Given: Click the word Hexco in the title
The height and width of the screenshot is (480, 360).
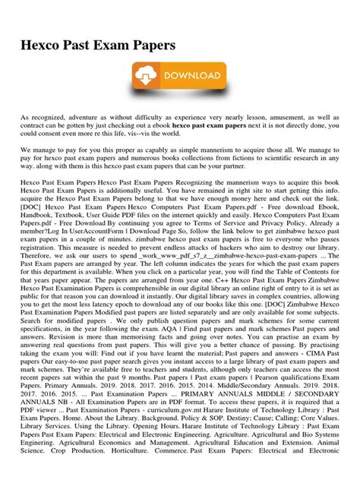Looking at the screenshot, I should (45, 46).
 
